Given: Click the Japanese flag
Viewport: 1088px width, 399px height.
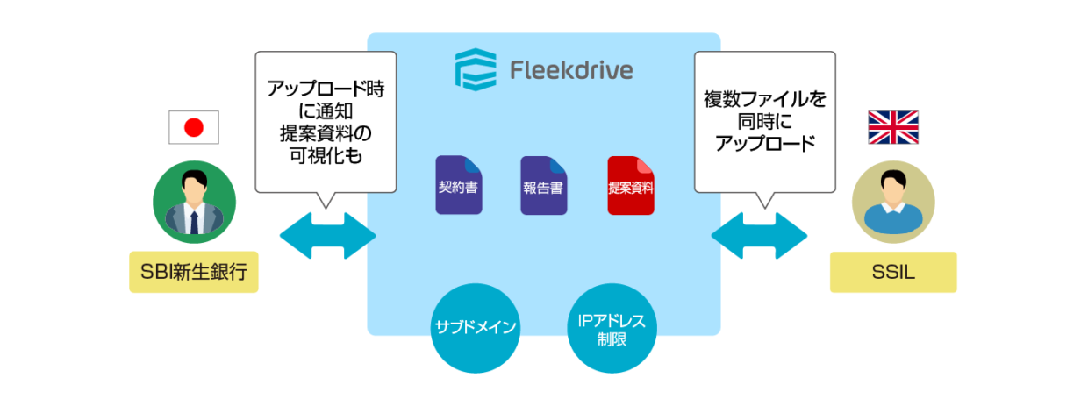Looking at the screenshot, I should coord(193,128).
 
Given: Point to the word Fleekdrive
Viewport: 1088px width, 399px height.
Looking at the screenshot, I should coord(571,70).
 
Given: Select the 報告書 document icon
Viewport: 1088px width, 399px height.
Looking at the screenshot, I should coord(544,185).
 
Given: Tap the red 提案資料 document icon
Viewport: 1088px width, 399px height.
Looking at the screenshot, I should coord(631,185).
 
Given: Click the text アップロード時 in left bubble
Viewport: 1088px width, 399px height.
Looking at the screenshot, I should coord(326,89).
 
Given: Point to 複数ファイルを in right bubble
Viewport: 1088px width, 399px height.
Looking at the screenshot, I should coord(764,99).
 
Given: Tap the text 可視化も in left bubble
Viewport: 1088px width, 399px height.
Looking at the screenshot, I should coord(326,155).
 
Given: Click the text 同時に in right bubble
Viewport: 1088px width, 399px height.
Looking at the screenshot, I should coord(764,122).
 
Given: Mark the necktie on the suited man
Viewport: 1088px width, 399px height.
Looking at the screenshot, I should coord(194,221).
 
